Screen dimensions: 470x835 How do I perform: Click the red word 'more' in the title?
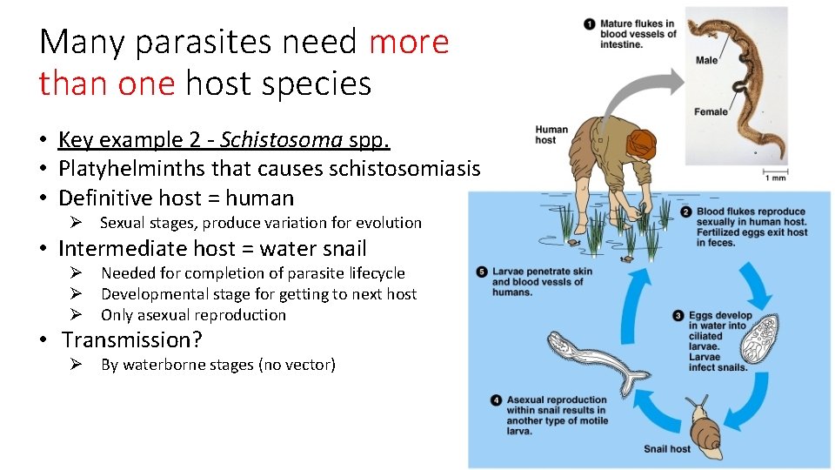click(409, 42)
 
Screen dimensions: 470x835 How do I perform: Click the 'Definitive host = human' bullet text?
click(176, 198)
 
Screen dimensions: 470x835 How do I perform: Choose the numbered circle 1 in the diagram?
click(589, 23)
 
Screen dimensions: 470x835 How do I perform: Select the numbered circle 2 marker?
click(685, 211)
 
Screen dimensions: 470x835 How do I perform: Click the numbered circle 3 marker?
click(678, 316)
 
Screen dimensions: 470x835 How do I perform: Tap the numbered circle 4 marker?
click(496, 400)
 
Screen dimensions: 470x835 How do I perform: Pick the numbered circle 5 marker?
click(482, 272)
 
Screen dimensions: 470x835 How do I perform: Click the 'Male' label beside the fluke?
click(706, 60)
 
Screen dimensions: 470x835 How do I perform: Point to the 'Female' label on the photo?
click(711, 111)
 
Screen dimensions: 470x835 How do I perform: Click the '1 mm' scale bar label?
click(777, 178)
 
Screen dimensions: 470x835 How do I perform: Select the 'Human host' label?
click(551, 134)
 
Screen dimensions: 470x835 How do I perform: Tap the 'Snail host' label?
click(667, 449)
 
